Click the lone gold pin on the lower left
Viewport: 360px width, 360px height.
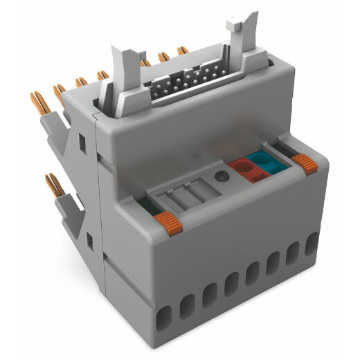click(53, 185)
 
